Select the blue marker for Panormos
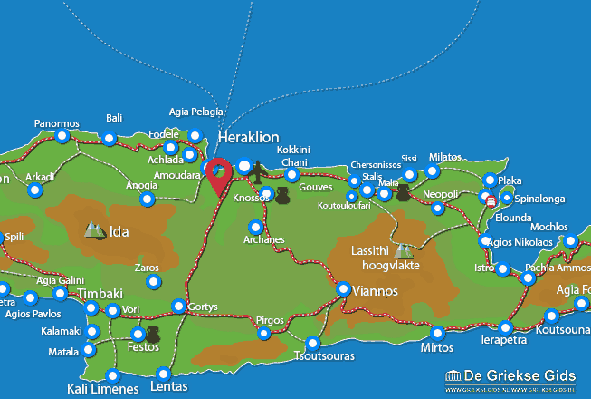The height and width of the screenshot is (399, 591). pyautogui.click(x=62, y=137)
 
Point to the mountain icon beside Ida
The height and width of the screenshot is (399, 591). pyautogui.click(x=94, y=230)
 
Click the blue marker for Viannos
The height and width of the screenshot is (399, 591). pyautogui.click(x=344, y=288)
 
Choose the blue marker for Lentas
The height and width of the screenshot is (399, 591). pyautogui.click(x=163, y=374)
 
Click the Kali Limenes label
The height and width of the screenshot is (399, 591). pyautogui.click(x=103, y=389)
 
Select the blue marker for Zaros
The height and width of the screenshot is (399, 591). pyautogui.click(x=153, y=283)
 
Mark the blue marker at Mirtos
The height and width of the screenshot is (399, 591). pyautogui.click(x=437, y=333)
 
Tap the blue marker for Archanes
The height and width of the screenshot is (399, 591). pyautogui.click(x=256, y=227)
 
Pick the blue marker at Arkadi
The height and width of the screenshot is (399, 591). pyautogui.click(x=34, y=190)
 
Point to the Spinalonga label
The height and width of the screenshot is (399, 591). pyautogui.click(x=540, y=197)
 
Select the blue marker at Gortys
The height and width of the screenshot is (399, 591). pyautogui.click(x=179, y=307)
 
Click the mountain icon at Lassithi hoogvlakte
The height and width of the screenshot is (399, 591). pyautogui.click(x=403, y=250)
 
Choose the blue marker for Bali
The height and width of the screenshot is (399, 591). pyautogui.click(x=110, y=139)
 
